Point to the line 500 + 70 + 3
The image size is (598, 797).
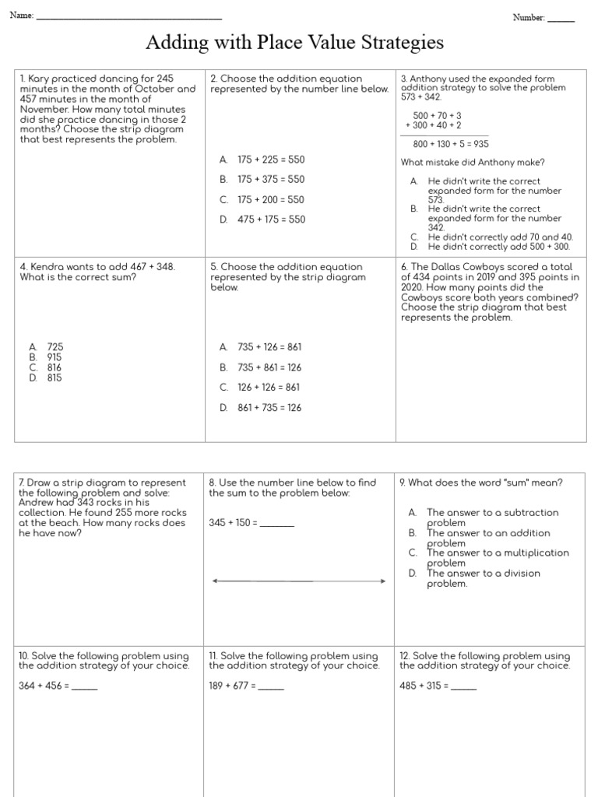(x=437, y=115)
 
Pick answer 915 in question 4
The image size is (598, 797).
(x=55, y=357)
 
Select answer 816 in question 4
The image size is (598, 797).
(x=55, y=367)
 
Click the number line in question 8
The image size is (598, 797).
(x=299, y=581)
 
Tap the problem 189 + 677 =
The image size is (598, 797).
(x=233, y=686)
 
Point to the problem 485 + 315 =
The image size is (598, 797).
(x=424, y=686)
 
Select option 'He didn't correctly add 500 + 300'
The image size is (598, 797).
(x=498, y=247)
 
